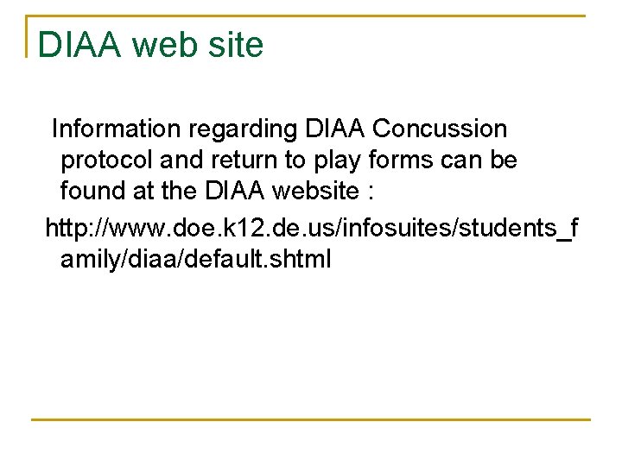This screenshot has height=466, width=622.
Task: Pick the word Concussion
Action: point(440,129)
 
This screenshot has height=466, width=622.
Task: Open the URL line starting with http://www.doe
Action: point(312,228)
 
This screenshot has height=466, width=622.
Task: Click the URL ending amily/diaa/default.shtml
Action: point(195,260)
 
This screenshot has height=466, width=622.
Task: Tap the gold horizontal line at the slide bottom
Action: point(311,420)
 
